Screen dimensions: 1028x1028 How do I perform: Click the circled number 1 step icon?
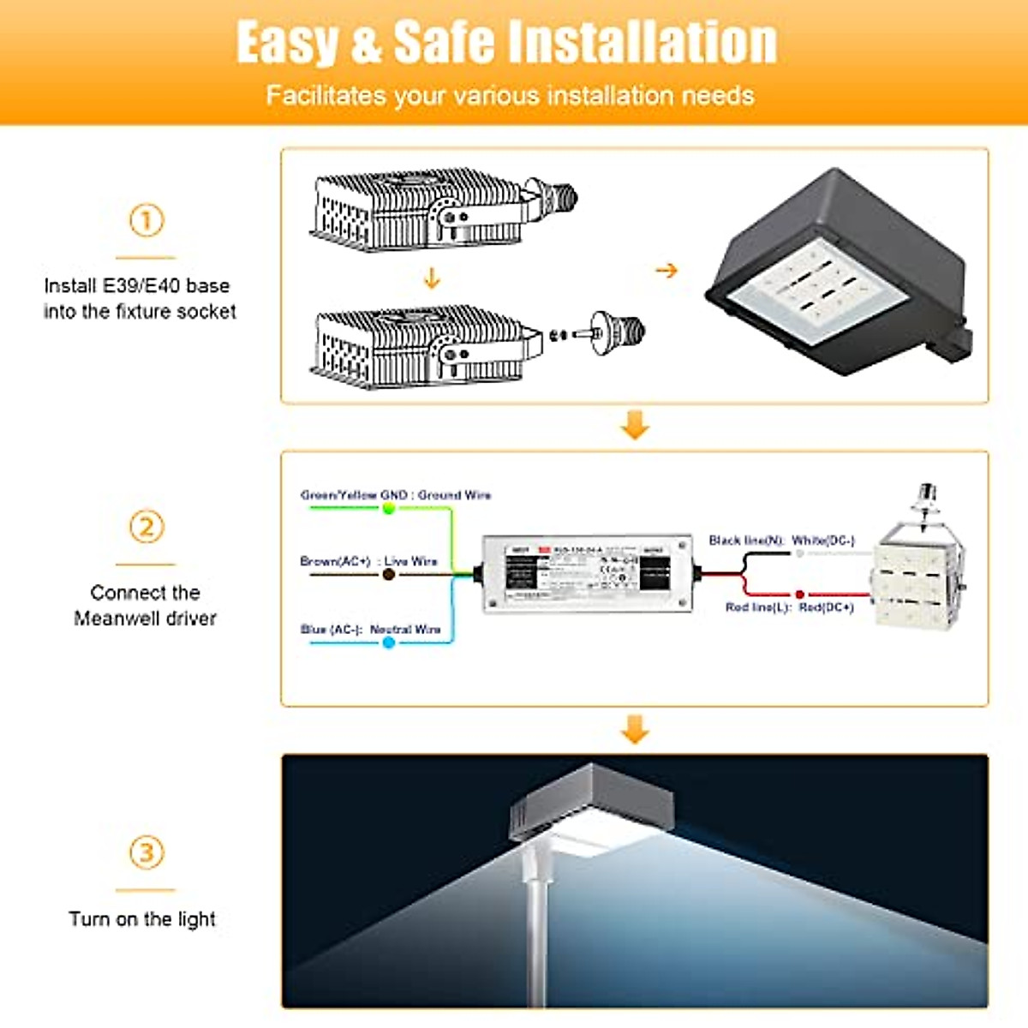(x=146, y=220)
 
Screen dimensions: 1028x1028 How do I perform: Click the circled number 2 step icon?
(x=146, y=526)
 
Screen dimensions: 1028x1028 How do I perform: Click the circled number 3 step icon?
(x=146, y=852)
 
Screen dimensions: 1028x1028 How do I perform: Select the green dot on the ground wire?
(x=389, y=508)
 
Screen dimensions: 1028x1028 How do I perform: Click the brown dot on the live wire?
(x=389, y=574)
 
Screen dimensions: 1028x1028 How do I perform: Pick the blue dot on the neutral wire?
(x=389, y=642)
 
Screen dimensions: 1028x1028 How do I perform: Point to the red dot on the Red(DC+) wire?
(x=799, y=594)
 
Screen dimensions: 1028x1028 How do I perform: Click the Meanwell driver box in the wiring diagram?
(x=587, y=573)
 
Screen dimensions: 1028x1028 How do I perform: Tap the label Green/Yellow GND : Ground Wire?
(x=396, y=494)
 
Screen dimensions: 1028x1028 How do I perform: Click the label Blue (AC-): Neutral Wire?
(x=370, y=629)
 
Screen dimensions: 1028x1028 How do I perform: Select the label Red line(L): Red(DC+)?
(x=789, y=607)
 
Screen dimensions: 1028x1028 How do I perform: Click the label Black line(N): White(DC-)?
(x=781, y=540)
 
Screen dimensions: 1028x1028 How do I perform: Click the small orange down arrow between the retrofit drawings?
(x=432, y=278)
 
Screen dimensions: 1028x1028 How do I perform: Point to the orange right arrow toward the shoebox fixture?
(x=666, y=271)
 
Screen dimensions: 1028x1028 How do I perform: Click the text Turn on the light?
(x=142, y=919)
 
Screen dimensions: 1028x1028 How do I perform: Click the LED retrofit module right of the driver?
(x=917, y=570)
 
